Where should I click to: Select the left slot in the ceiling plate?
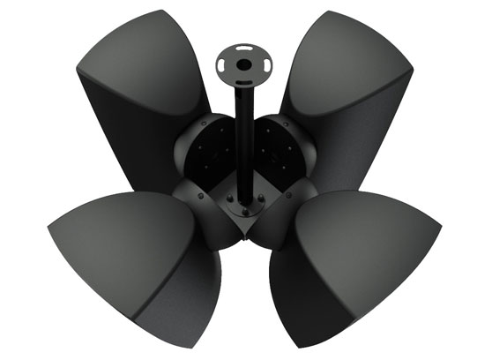(x=222, y=64)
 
